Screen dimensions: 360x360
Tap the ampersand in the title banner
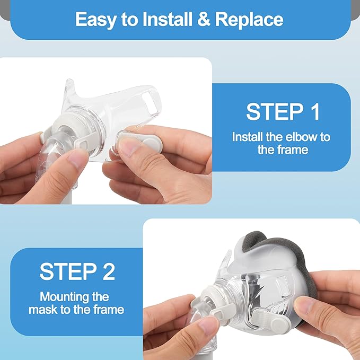(x=204, y=19)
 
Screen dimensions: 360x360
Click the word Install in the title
(x=168, y=19)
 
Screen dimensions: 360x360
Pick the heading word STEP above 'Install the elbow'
(x=275, y=111)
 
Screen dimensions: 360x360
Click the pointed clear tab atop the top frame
(x=69, y=89)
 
